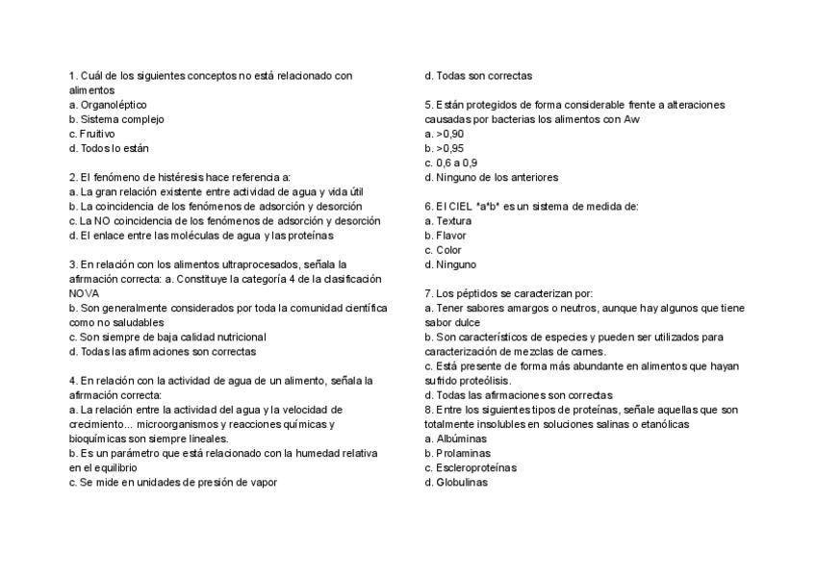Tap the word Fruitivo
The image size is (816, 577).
click(97, 134)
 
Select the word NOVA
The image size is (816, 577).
click(85, 293)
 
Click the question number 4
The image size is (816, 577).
click(72, 381)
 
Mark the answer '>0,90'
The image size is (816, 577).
click(449, 134)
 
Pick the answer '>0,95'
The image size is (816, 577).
click(449, 148)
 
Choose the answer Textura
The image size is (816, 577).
click(454, 220)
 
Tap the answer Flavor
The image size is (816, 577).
click(451, 236)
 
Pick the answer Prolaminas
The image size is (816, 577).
click(463, 453)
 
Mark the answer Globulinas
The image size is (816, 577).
click(462, 483)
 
